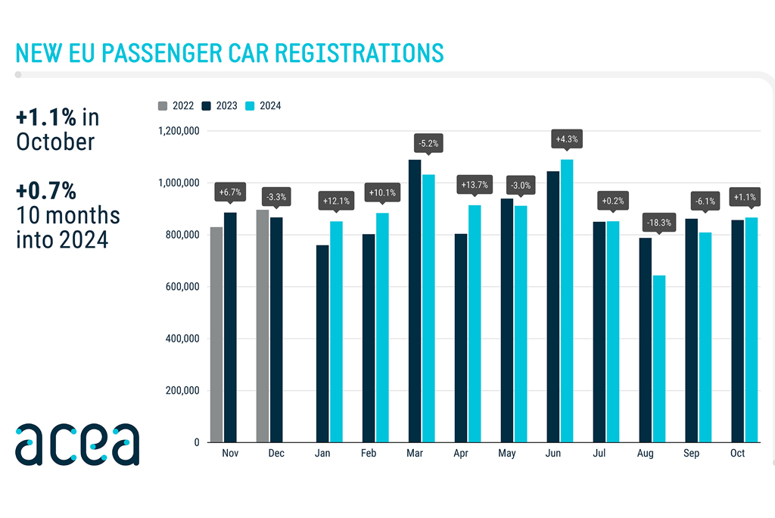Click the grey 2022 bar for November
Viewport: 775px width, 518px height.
(x=216, y=334)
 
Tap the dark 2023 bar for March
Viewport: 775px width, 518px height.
(x=415, y=301)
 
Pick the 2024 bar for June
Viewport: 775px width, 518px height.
(x=567, y=301)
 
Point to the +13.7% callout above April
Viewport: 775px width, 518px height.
(x=475, y=184)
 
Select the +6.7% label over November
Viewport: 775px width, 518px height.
(x=230, y=192)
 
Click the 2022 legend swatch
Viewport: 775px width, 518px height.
(x=163, y=106)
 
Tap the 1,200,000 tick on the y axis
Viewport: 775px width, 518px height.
(x=178, y=131)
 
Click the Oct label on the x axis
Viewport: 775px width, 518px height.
(x=737, y=453)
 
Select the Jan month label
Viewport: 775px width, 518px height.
(x=322, y=453)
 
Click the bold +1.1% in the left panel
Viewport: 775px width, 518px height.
(x=46, y=118)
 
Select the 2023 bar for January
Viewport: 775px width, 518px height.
(x=322, y=343)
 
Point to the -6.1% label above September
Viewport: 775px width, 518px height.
(x=705, y=202)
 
